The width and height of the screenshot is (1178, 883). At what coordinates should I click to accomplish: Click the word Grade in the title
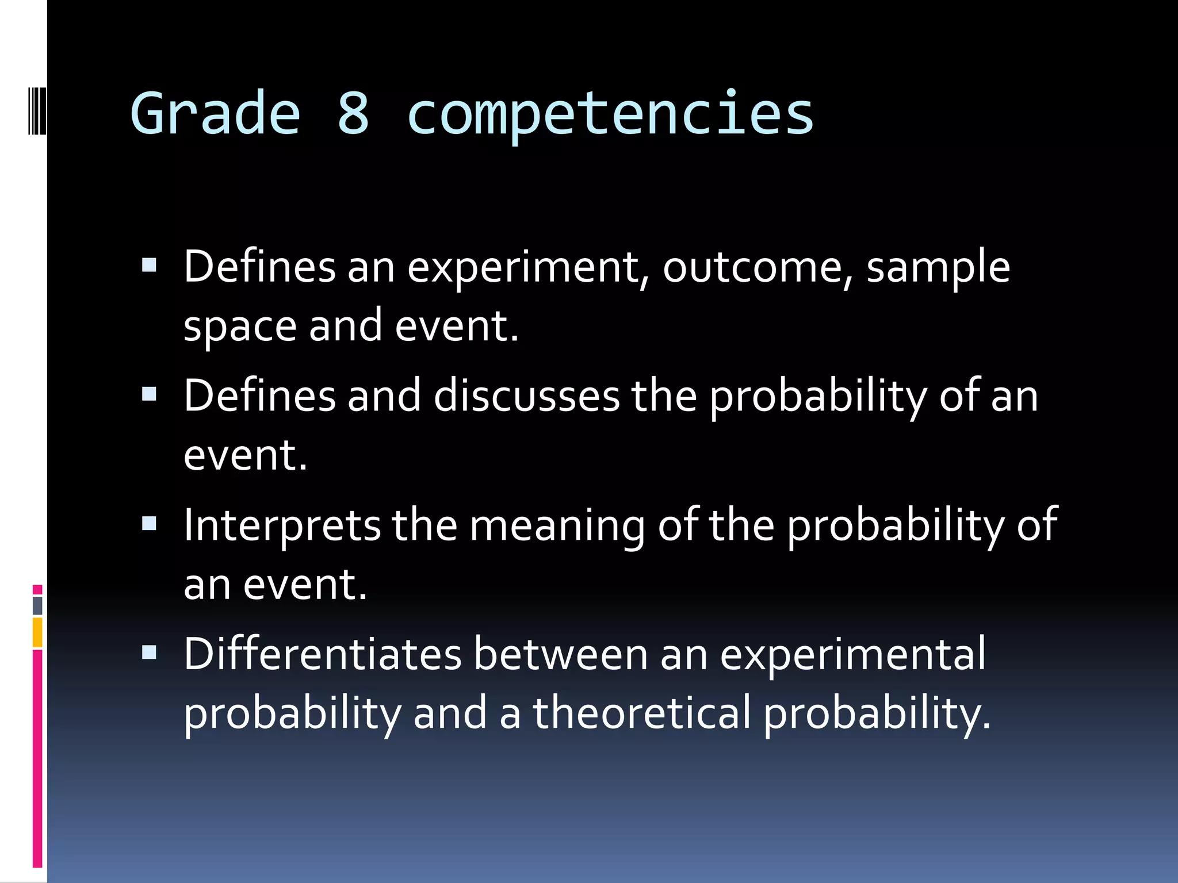(x=216, y=113)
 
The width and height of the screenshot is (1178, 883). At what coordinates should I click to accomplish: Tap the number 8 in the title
(x=353, y=113)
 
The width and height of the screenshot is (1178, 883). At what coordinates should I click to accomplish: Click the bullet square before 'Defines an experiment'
(x=149, y=265)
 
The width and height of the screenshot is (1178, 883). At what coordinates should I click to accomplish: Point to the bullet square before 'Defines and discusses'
(x=149, y=394)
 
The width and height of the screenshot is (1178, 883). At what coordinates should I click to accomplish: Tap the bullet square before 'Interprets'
(x=149, y=524)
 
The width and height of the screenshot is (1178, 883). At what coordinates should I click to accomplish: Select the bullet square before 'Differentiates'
(x=149, y=652)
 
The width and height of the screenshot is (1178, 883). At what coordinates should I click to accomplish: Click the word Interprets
(x=282, y=525)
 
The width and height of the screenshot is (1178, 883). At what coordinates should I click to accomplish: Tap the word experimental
(x=852, y=655)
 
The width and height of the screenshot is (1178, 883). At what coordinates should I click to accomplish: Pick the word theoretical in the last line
(x=642, y=713)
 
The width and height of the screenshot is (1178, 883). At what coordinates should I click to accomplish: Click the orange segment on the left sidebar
(x=37, y=632)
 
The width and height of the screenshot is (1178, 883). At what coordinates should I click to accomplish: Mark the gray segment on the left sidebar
(x=37, y=605)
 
